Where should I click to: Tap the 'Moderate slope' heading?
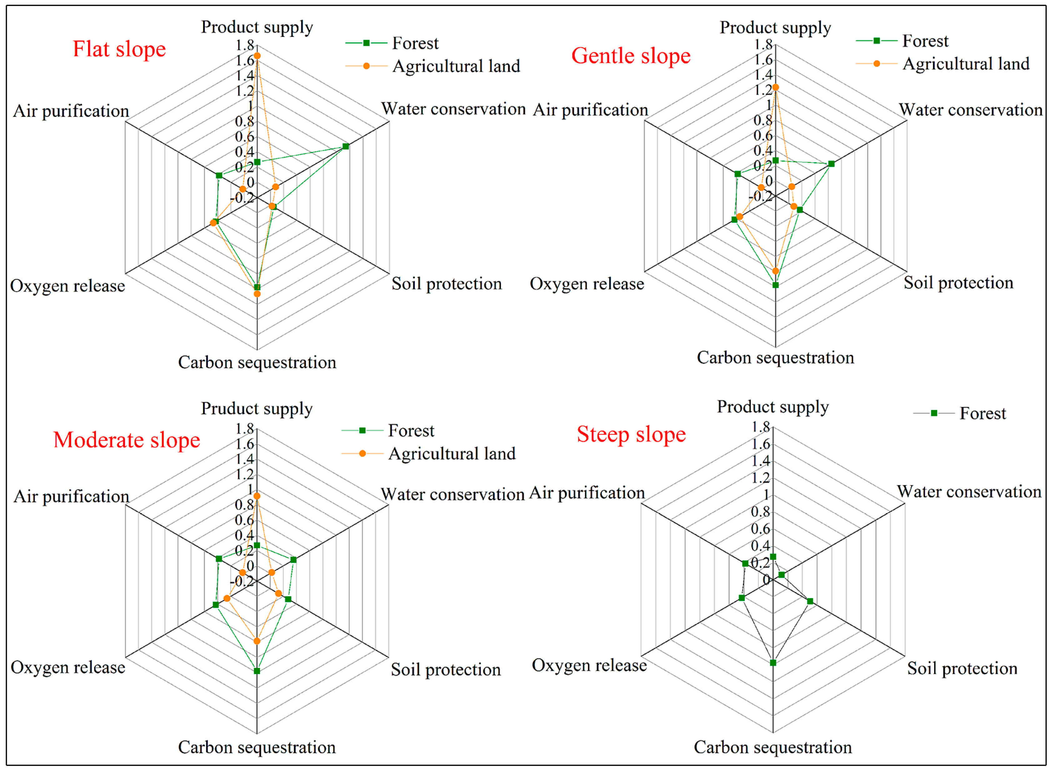click(127, 440)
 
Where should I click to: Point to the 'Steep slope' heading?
click(631, 434)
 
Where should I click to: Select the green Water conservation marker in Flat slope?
click(346, 146)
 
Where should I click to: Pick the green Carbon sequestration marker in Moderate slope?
click(257, 671)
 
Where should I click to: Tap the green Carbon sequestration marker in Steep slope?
click(773, 663)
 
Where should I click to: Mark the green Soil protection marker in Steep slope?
click(810, 601)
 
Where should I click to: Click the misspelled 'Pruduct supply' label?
click(257, 409)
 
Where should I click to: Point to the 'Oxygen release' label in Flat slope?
click(68, 286)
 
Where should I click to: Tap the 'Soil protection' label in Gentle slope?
click(959, 283)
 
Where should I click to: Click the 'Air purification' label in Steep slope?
click(587, 493)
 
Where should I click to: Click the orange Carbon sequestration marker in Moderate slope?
click(257, 641)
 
